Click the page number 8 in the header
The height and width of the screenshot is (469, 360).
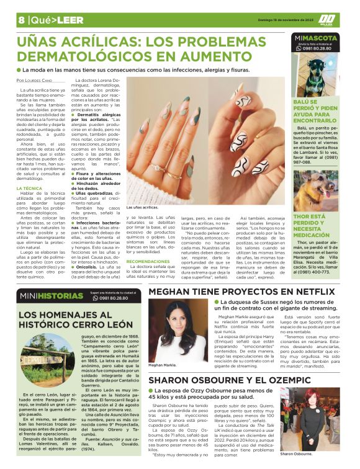[21, 19]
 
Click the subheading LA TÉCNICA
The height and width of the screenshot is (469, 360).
[30, 187]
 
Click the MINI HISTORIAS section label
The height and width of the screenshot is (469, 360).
[42, 296]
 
